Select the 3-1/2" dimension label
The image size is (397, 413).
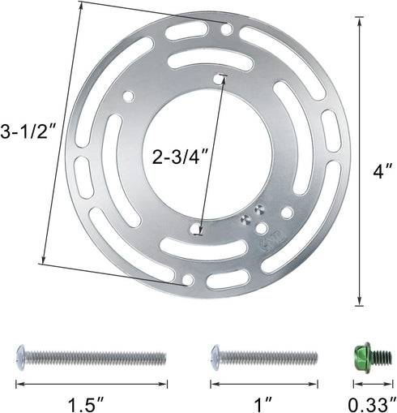click(x=28, y=131)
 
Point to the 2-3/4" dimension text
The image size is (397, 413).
click(x=180, y=157)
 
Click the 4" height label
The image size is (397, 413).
click(x=382, y=171)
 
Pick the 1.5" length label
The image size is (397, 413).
click(x=86, y=403)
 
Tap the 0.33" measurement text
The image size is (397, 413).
click(x=372, y=403)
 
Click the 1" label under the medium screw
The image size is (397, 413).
click(x=263, y=403)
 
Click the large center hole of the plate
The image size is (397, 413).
click(x=207, y=154)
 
